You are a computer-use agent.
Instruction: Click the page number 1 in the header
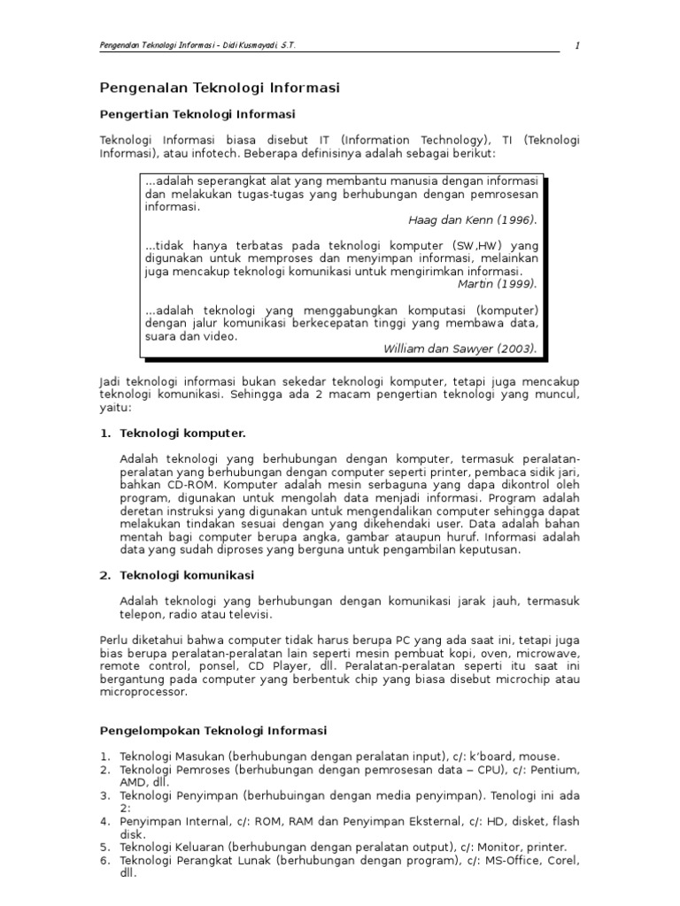576,47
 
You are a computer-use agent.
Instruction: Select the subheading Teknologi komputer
182,434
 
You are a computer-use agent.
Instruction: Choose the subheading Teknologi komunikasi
187,575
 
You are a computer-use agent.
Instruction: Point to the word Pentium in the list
558,770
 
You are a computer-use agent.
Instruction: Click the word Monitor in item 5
496,847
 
